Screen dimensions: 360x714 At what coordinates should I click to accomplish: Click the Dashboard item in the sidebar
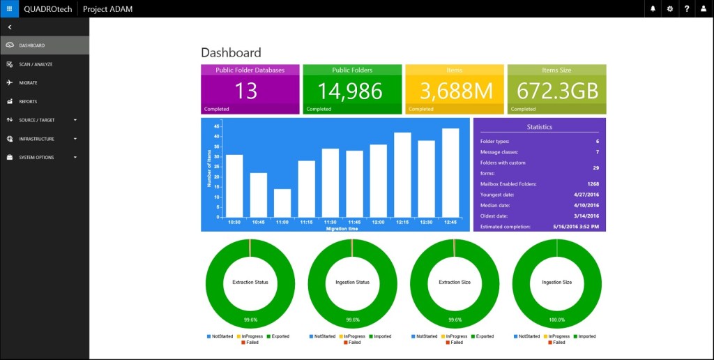[32, 45]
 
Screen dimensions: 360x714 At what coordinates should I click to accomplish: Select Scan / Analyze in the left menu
[36, 64]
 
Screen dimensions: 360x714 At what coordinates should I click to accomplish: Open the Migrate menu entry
[28, 82]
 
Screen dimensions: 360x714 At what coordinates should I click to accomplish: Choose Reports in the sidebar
[28, 101]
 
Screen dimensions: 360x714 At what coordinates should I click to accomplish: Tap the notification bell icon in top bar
[653, 8]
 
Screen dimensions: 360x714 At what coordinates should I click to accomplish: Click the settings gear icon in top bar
[670, 8]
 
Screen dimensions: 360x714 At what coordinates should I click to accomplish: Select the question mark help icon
[687, 8]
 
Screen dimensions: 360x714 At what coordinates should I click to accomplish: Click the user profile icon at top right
[704, 8]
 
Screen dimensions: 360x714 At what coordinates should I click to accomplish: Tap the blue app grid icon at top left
[9, 8]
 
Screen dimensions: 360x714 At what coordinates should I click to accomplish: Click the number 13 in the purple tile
[246, 91]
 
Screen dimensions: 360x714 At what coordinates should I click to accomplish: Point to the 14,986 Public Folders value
[350, 91]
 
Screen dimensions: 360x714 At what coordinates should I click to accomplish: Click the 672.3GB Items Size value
[556, 91]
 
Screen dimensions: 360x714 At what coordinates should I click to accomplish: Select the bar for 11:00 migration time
[282, 203]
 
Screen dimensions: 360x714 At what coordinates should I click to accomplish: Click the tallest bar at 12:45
[450, 173]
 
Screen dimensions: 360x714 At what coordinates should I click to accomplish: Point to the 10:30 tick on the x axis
[235, 222]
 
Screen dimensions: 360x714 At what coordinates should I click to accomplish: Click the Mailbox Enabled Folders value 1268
[593, 183]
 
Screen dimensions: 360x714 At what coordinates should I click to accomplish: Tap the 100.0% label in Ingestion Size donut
[556, 320]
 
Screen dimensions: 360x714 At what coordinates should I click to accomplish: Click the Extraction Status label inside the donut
[250, 283]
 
